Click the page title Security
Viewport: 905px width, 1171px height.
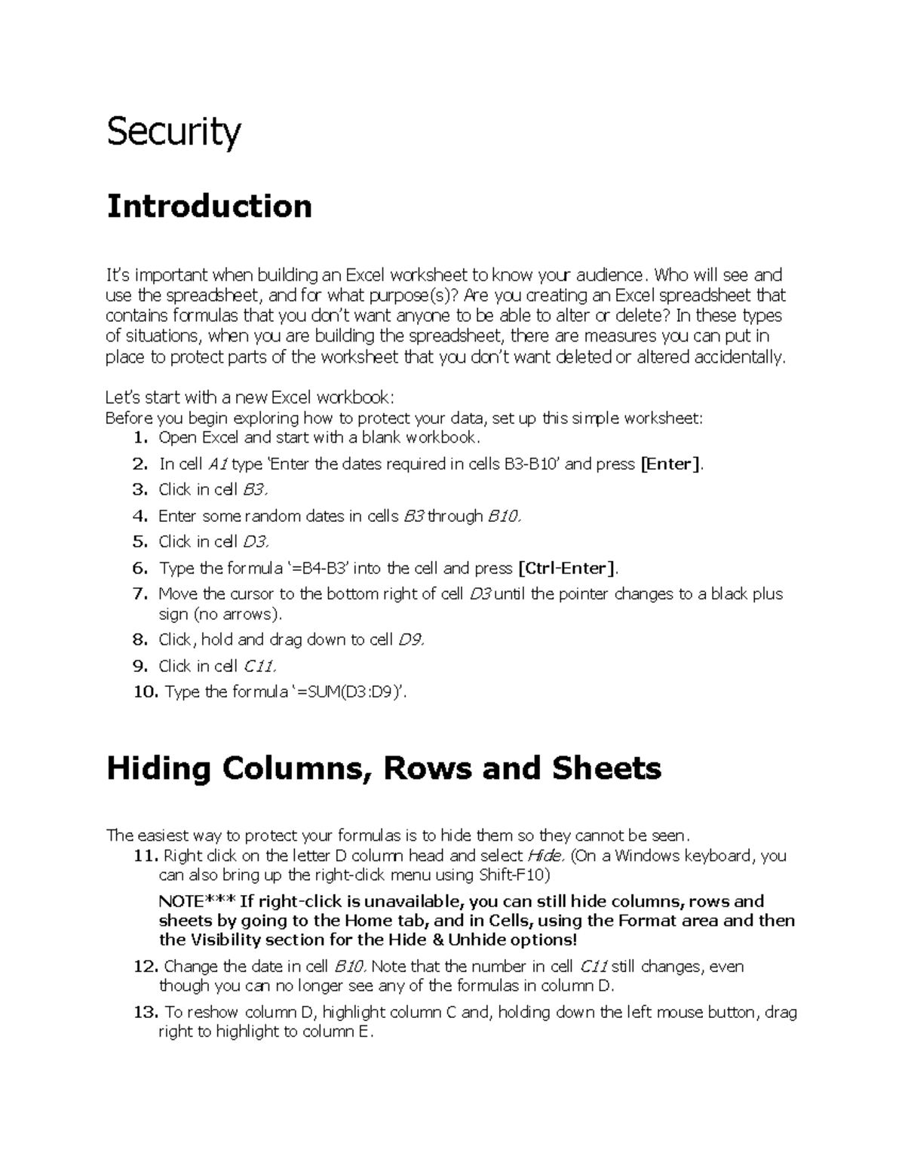tap(173, 133)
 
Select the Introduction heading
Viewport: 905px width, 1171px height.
tap(209, 206)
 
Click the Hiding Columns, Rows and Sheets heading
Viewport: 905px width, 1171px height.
tap(384, 768)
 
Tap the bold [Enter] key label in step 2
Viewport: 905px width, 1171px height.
tap(670, 464)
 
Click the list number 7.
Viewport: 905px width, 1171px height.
tap(140, 594)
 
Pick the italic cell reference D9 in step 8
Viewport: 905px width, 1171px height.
tap(411, 639)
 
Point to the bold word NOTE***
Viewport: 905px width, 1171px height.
tap(198, 901)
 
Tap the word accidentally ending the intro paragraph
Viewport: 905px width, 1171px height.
tap(742, 357)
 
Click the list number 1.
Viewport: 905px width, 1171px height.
tap(140, 438)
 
